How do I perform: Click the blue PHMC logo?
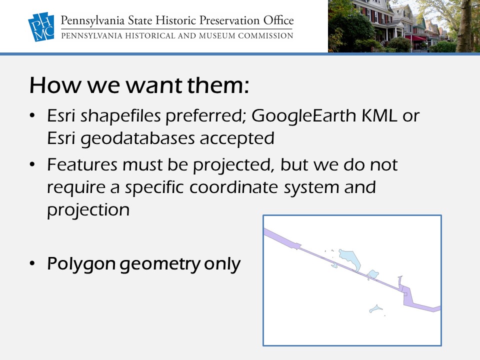(41, 26)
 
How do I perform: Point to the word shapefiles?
(120, 116)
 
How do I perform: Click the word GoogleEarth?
(304, 116)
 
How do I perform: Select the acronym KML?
(379, 115)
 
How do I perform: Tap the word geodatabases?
(137, 138)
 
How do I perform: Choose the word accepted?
(237, 138)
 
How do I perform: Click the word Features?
(82, 164)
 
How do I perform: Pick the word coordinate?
(234, 187)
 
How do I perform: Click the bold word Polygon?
(81, 264)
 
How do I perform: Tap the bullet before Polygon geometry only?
(32, 263)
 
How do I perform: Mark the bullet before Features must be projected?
(32, 164)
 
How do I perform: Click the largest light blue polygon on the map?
(349, 259)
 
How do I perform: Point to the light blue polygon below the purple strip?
(376, 308)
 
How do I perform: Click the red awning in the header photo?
(415, 37)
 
